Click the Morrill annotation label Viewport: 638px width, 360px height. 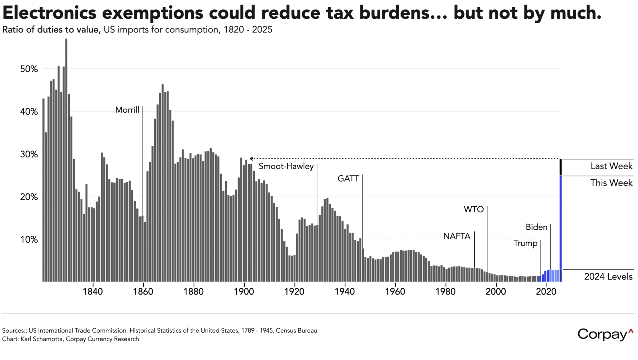tap(127, 110)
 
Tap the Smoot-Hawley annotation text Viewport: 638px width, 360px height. tap(286, 166)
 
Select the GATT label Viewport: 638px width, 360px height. tap(348, 179)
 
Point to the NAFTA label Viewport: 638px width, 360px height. tap(457, 236)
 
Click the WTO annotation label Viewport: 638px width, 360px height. tap(474, 210)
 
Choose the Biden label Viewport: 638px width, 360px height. tap(536, 227)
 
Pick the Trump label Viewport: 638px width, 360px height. tap(525, 243)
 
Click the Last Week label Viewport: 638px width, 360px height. tap(611, 166)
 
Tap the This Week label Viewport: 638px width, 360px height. tap(611, 183)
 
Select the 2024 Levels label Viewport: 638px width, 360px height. tap(608, 276)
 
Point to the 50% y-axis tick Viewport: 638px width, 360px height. tap(29, 69)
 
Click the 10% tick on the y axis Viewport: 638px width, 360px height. tap(29, 239)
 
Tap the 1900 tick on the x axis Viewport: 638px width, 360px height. tap(244, 292)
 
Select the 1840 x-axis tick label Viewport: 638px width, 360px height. tap(93, 292)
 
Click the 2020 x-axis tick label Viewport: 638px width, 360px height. tap(546, 292)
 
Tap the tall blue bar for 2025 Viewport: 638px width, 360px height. tap(560, 223)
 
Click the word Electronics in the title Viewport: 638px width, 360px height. tap(49, 13)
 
